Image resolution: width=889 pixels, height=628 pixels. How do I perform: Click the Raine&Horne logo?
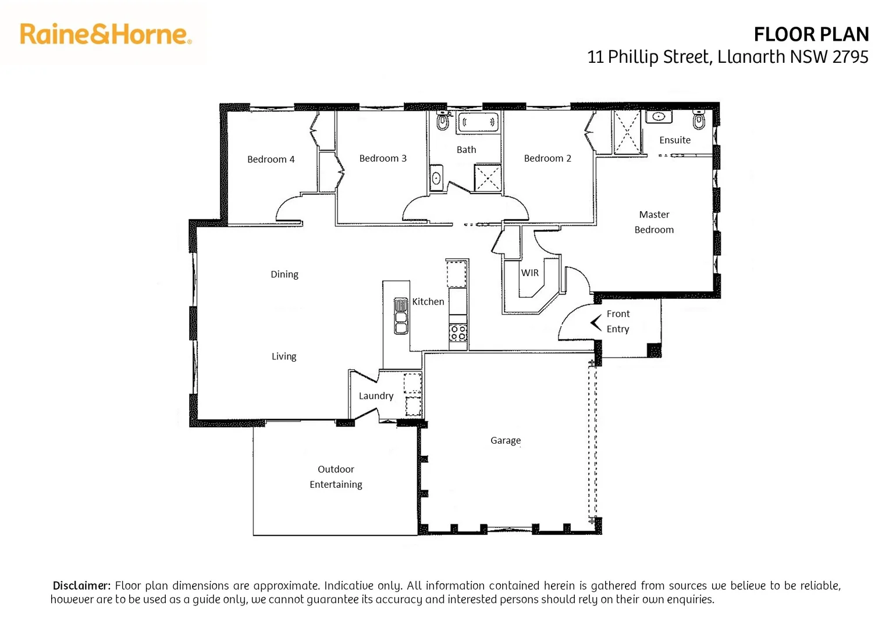(x=105, y=34)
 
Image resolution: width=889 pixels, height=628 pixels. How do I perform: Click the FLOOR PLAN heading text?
(x=810, y=35)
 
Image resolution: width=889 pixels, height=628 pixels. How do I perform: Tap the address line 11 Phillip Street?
(x=727, y=57)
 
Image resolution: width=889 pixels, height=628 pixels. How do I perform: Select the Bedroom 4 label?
(x=271, y=159)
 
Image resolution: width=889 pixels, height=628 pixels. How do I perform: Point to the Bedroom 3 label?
(x=383, y=158)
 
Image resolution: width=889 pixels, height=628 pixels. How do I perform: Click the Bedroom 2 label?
(x=547, y=158)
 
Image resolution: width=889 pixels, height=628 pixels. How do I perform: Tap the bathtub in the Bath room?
(x=478, y=123)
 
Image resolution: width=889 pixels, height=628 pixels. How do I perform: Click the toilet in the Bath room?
(x=443, y=122)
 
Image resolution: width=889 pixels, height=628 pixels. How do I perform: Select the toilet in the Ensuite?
(x=699, y=121)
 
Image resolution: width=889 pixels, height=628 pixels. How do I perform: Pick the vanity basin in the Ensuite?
(x=659, y=116)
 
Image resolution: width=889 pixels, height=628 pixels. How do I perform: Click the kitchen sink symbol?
(x=401, y=316)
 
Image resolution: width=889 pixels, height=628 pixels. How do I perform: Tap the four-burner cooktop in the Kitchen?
(x=458, y=333)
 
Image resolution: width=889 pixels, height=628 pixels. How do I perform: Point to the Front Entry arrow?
(x=596, y=322)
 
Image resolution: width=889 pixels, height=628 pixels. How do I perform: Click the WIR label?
(x=529, y=273)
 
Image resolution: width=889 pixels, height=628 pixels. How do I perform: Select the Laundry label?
(x=376, y=396)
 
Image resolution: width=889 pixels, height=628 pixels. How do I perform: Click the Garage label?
(x=505, y=441)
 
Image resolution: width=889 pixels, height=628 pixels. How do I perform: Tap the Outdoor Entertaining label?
(x=336, y=477)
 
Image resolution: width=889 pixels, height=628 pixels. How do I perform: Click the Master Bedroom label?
(x=654, y=222)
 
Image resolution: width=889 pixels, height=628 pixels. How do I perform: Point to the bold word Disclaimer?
(x=81, y=586)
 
